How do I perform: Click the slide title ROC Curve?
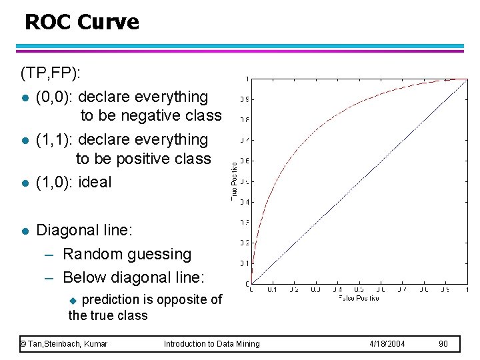(x=81, y=23)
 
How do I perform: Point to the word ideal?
(x=95, y=182)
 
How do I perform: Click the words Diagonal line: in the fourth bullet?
(x=85, y=231)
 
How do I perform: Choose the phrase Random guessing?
(x=127, y=254)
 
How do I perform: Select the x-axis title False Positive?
(x=358, y=298)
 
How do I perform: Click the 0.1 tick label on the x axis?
(x=272, y=289)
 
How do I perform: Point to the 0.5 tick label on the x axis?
(x=359, y=289)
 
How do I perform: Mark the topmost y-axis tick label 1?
(x=248, y=79)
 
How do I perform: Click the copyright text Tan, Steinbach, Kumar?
(x=64, y=343)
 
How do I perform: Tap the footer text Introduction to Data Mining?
(x=212, y=343)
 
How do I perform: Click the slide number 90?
(x=443, y=343)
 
